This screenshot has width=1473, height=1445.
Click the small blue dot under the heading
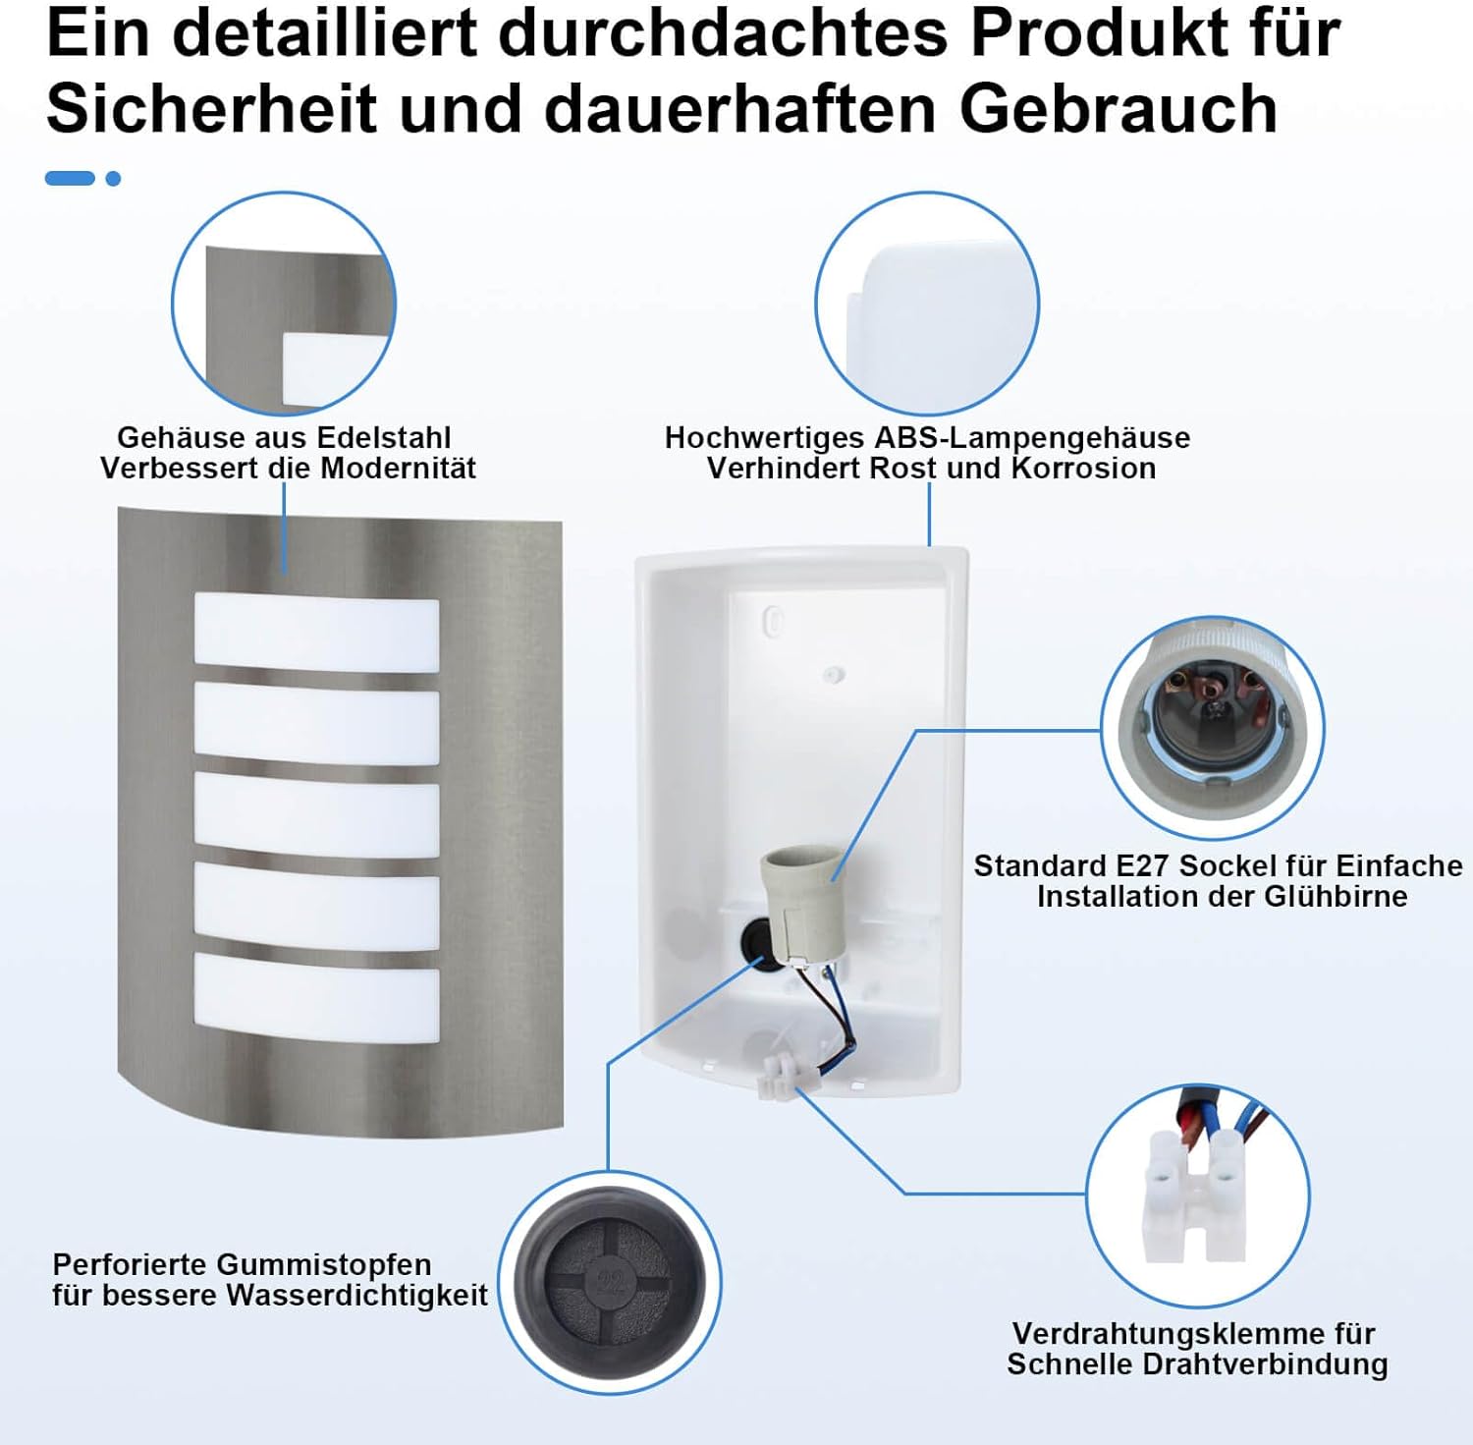[x=113, y=179]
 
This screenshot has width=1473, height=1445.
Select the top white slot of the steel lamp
[x=316, y=634]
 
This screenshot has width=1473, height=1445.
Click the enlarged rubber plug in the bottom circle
[x=609, y=1282]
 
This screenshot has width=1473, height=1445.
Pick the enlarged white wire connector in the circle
[x=1196, y=1198]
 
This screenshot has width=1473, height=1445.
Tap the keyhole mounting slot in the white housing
[x=774, y=621]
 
